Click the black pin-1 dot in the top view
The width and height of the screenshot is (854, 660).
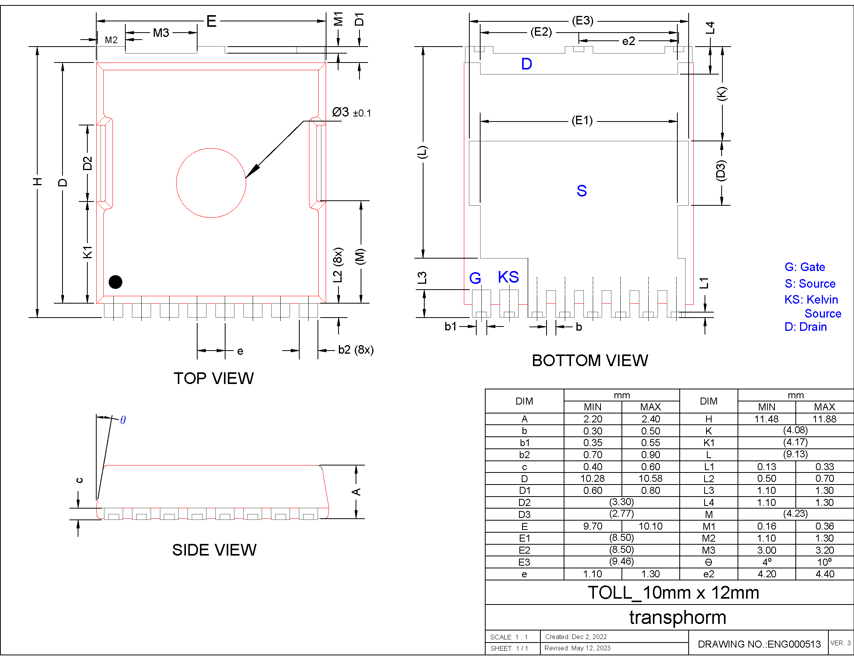click(x=115, y=282)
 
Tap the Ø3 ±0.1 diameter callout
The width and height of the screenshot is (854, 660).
click(x=351, y=113)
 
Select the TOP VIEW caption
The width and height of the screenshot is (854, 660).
click(x=213, y=378)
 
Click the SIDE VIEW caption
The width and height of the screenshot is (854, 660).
click(x=214, y=550)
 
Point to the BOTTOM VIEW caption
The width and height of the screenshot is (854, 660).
click(x=590, y=360)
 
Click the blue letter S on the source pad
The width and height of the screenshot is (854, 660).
click(x=581, y=191)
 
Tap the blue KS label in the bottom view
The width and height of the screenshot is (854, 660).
click(x=509, y=277)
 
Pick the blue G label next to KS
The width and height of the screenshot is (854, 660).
click(x=475, y=278)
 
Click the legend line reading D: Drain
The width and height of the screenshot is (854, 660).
click(x=805, y=327)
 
